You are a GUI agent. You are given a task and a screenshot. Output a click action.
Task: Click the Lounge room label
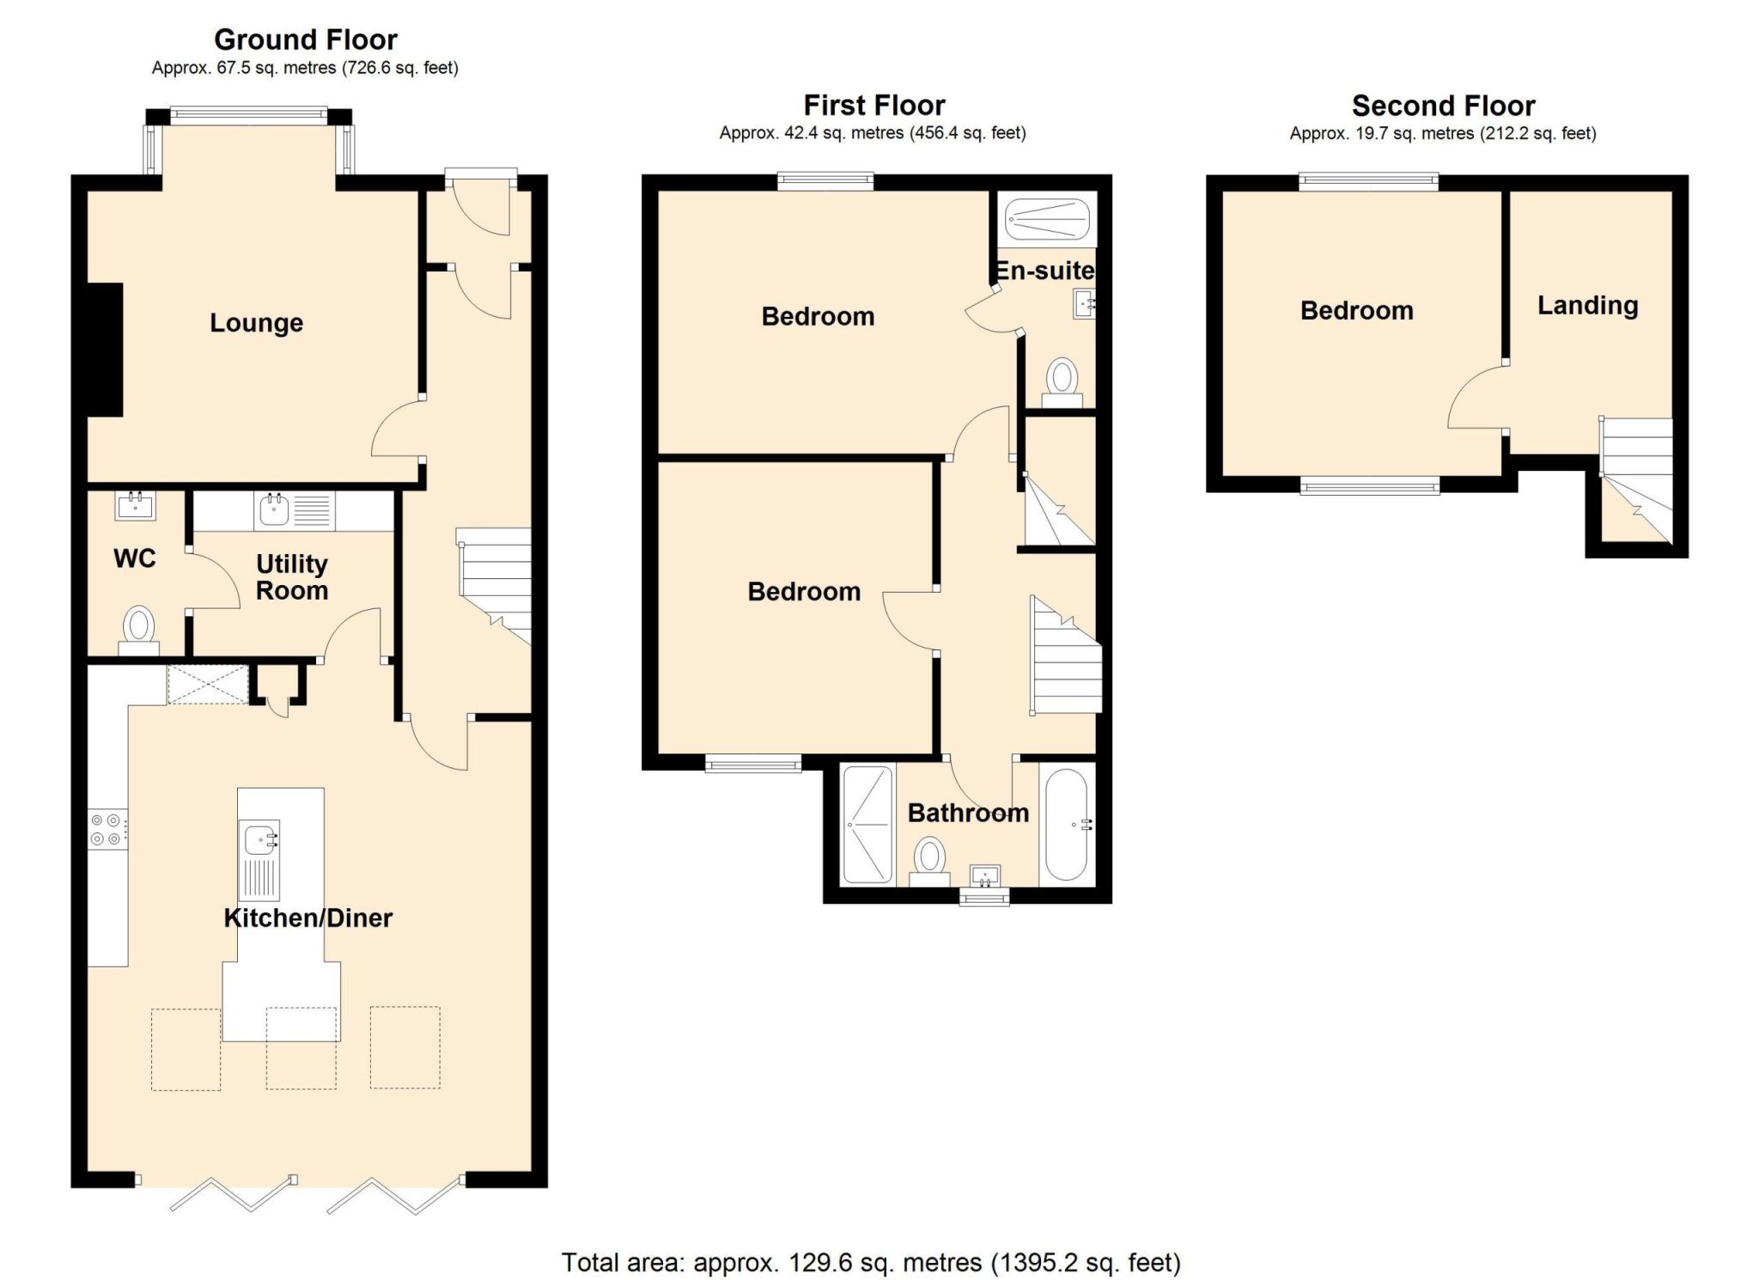tap(256, 323)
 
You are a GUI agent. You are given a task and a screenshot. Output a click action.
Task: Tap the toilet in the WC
tap(138, 630)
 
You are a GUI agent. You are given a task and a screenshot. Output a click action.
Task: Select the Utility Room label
tap(292, 577)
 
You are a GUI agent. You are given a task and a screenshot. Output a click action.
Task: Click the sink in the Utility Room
tap(273, 510)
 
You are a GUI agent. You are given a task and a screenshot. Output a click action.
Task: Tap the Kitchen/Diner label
tap(307, 917)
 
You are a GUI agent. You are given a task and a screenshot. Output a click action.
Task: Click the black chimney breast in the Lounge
tap(105, 350)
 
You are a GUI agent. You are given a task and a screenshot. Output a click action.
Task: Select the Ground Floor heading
tap(305, 40)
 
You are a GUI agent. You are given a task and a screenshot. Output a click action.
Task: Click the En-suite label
tap(1044, 271)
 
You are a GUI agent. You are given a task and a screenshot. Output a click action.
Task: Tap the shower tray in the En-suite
tap(1048, 219)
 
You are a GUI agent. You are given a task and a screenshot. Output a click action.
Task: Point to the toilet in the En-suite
tap(1062, 383)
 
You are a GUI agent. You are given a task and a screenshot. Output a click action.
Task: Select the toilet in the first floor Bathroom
tap(929, 862)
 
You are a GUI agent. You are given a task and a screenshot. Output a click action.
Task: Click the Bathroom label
tap(968, 813)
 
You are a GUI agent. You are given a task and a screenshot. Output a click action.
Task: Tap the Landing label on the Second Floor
tap(1587, 306)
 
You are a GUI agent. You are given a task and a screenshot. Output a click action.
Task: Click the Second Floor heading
tap(1443, 106)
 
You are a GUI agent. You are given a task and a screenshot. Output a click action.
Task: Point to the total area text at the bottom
tap(871, 1262)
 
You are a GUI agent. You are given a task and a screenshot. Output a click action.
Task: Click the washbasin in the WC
tap(135, 506)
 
